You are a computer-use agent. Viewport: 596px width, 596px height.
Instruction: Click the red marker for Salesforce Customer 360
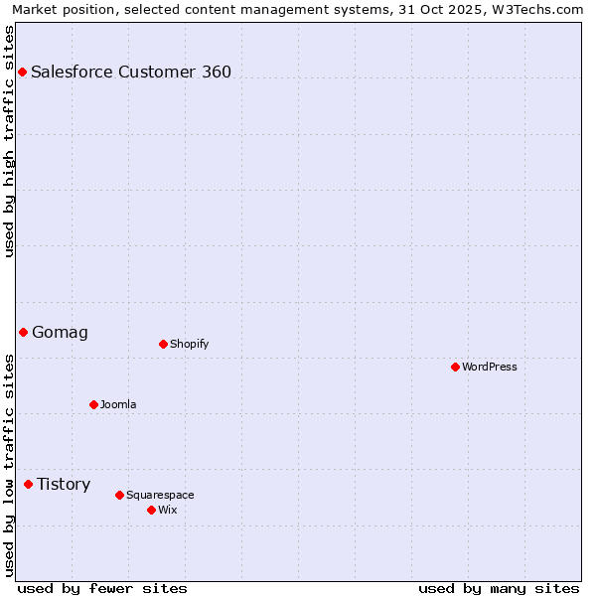point(22,72)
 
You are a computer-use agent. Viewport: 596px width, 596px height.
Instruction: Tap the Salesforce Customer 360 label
point(131,72)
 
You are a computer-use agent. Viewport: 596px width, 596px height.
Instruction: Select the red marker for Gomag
point(23,332)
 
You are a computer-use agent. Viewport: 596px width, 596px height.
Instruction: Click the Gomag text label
point(60,333)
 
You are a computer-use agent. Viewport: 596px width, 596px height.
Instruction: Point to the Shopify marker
point(163,344)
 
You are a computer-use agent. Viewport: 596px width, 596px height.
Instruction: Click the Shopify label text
point(189,344)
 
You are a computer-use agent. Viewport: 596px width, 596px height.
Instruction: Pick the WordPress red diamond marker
point(455,367)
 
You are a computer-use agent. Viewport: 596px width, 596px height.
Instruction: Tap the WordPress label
point(490,367)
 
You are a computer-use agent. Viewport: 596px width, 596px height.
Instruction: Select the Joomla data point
point(93,404)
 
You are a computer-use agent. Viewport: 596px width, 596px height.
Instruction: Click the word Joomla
point(118,404)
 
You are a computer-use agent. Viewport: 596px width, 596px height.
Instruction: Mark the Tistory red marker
point(28,484)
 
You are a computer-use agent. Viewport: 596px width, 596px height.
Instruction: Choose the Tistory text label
point(64,484)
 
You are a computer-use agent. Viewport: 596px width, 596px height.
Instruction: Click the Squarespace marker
point(119,495)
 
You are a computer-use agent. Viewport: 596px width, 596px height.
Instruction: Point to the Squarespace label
point(160,495)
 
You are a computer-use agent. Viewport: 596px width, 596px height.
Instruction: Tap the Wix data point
point(151,510)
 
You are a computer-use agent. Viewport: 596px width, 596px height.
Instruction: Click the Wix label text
point(168,510)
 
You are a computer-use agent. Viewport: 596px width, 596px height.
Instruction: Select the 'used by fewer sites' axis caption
point(101,588)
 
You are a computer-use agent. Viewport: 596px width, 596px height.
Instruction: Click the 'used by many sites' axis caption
point(499,588)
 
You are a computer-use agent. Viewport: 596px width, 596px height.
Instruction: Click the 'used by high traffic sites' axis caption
point(9,141)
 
